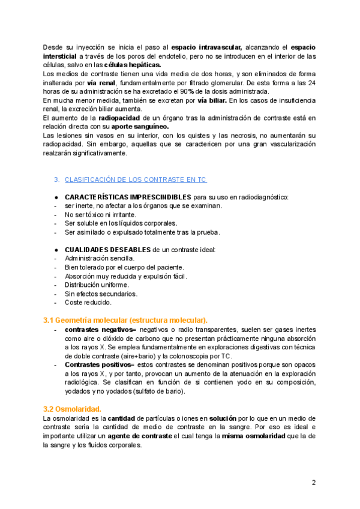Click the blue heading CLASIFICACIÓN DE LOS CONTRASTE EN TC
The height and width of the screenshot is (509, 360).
click(136, 179)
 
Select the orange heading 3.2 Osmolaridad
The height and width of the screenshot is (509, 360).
click(72, 409)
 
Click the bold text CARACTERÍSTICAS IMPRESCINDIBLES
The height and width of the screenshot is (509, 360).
click(128, 197)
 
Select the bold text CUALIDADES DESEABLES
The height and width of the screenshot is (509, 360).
click(110, 250)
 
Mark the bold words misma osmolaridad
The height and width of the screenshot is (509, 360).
click(254, 436)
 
